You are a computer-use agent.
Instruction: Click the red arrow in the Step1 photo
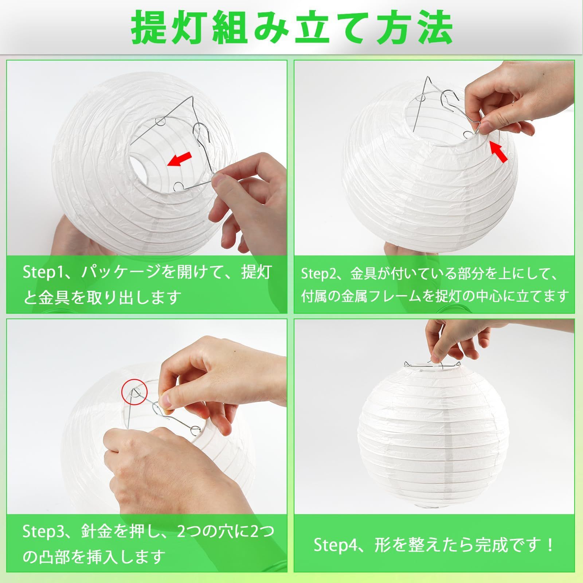(x=180, y=159)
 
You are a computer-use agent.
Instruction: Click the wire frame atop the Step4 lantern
(x=430, y=365)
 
